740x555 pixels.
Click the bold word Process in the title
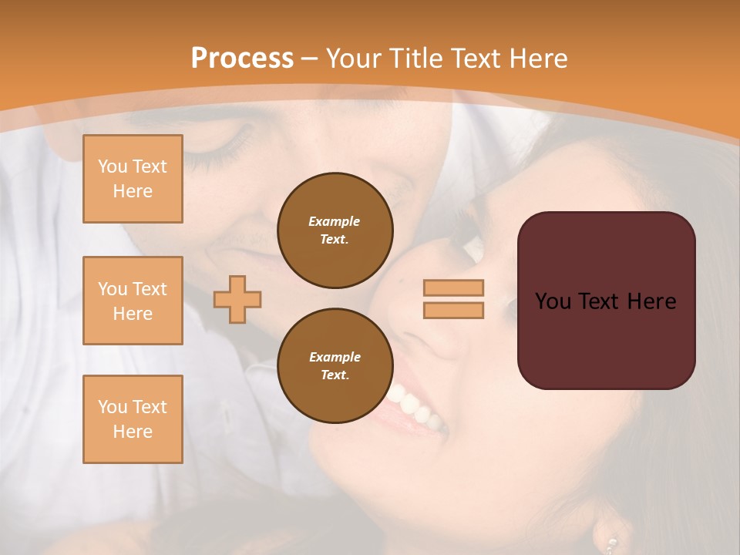242,59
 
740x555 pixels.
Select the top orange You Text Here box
133,179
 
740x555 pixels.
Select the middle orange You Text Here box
133,301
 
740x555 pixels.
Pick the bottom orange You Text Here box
133,419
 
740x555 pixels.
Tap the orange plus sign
237,299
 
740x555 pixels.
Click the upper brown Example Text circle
335,230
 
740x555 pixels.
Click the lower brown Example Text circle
335,365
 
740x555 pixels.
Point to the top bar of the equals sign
453,288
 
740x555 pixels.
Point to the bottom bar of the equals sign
453,310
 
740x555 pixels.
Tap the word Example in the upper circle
335,221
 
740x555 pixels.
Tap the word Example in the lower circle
335,357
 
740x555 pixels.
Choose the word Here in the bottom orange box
133,432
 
